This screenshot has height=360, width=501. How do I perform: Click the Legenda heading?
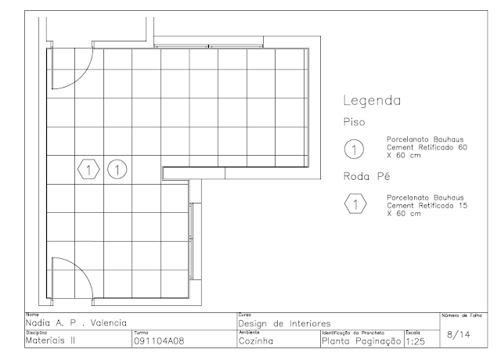(372, 101)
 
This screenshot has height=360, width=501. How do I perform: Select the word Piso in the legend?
(354, 122)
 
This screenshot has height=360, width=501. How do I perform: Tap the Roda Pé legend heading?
(367, 176)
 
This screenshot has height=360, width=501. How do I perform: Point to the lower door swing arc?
(84, 268)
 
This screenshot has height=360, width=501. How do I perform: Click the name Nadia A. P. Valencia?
(76, 323)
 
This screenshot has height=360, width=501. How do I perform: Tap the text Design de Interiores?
(284, 323)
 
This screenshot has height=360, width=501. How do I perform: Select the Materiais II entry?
(50, 340)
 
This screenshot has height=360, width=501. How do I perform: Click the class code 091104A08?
(159, 341)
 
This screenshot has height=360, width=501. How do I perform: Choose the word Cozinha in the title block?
(256, 341)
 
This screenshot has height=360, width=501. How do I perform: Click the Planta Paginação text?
(362, 341)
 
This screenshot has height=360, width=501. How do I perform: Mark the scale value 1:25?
(416, 342)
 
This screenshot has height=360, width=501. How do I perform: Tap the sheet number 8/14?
(459, 334)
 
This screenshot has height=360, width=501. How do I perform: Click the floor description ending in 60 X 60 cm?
(427, 147)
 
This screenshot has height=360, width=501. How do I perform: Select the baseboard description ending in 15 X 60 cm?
(427, 205)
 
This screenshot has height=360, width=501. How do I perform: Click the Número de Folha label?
(462, 315)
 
